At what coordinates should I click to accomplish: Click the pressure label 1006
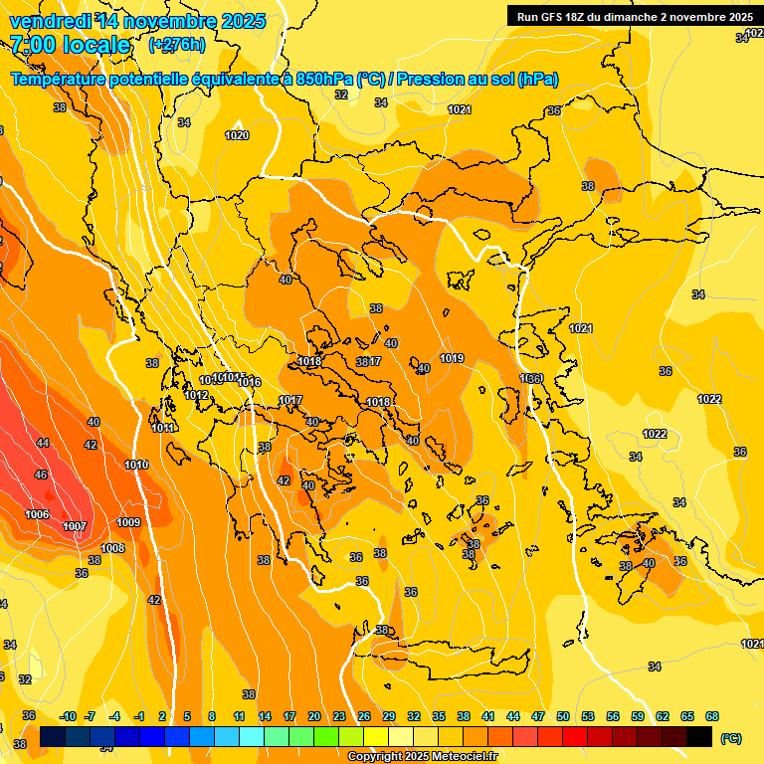38,514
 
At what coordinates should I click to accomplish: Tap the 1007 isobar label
75,526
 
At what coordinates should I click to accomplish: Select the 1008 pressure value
112,548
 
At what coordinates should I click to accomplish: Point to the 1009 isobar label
128,522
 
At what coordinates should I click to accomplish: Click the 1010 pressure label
136,465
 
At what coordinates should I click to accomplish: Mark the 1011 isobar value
163,429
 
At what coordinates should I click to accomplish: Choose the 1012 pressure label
196,395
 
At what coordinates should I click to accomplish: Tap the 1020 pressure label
237,135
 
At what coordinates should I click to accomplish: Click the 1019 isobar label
452,358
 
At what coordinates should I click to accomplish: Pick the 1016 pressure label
249,383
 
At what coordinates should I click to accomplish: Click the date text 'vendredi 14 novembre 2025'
137,21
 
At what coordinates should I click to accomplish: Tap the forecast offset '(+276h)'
177,45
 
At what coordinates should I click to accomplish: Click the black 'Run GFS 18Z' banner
634,16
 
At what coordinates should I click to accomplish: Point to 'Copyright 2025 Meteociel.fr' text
422,757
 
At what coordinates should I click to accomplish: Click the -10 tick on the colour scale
68,716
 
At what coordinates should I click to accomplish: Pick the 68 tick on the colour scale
712,716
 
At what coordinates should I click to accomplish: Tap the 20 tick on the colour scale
314,716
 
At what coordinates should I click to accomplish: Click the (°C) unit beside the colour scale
730,738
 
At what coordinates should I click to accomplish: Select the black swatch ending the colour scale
699,737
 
